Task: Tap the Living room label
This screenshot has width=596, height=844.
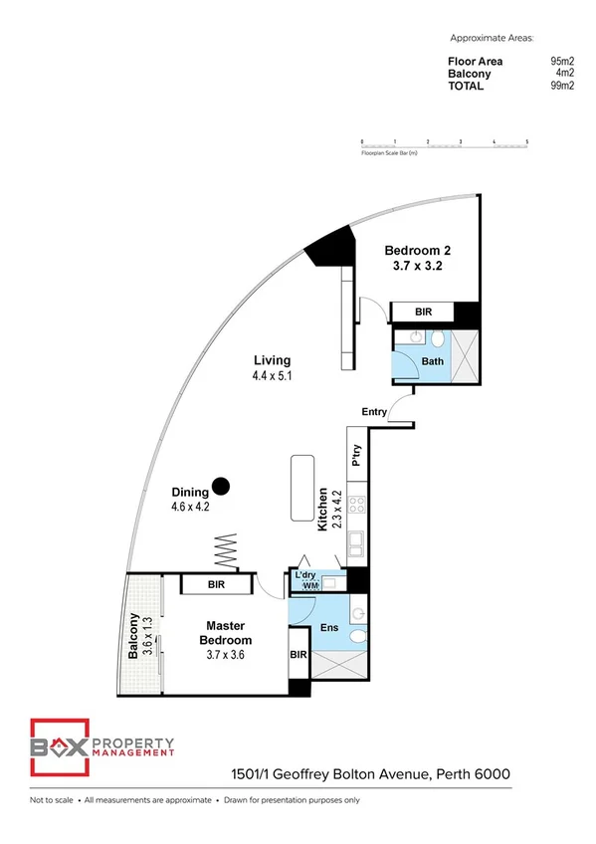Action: tap(272, 360)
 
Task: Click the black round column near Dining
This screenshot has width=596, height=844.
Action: tap(222, 486)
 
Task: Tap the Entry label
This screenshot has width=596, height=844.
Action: tap(374, 411)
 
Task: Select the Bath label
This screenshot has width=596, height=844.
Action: tap(432, 361)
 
